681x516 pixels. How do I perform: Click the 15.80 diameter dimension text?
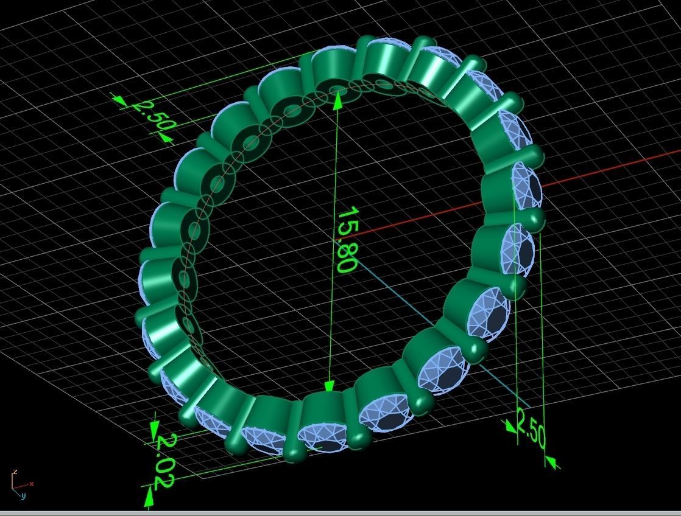[345, 240]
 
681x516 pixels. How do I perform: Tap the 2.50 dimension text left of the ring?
[150, 116]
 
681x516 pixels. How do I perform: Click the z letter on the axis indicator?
[14, 472]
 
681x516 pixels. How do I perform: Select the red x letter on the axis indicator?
[31, 484]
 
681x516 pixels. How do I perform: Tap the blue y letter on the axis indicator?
[23, 496]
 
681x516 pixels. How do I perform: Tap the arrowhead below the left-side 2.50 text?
[165, 138]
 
